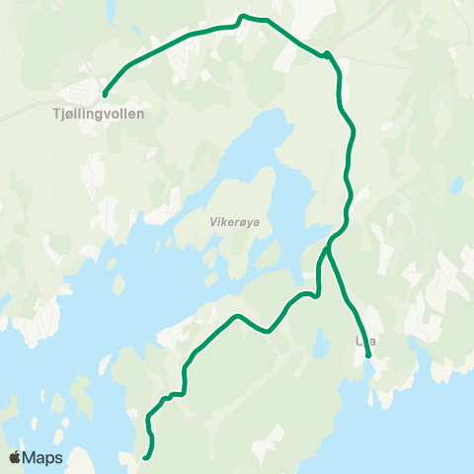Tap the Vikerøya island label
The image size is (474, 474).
[x=234, y=222]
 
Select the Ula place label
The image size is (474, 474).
[x=364, y=342]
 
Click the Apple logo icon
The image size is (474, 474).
[x=16, y=457]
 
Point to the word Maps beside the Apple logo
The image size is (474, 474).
[x=43, y=457]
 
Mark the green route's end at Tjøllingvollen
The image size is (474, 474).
[x=104, y=95]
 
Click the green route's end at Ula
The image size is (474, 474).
[x=367, y=355]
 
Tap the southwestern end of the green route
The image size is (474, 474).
[x=145, y=457]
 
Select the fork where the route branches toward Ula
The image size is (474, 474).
[x=326, y=249]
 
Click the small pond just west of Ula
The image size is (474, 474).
[x=322, y=343]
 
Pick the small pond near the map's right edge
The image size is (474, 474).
[x=455, y=186]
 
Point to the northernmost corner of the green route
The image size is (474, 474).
[x=243, y=16]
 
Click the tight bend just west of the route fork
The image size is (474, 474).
[x=316, y=292]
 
